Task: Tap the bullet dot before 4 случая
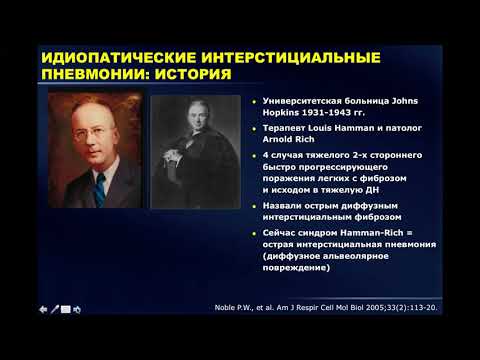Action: pos(255,156)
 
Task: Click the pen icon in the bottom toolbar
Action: pos(55,310)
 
